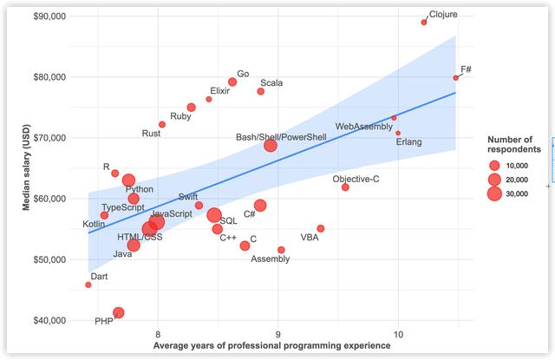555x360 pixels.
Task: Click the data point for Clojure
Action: tap(424, 22)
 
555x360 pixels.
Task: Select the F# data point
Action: tap(456, 78)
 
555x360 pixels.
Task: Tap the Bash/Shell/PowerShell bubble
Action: tap(271, 145)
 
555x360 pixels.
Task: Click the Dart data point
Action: tap(88, 285)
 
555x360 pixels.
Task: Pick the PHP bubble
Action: tap(118, 312)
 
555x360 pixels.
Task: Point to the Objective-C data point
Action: tap(345, 187)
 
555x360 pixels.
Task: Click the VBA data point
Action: tap(321, 228)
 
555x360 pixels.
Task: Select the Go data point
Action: tap(232, 82)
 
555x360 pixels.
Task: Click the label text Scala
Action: tap(271, 83)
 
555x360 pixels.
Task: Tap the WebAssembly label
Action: tap(363, 128)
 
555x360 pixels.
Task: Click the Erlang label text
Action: tap(410, 142)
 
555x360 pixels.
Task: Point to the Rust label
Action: tap(151, 134)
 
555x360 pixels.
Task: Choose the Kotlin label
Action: tap(94, 224)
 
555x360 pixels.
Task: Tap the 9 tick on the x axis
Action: tap(278, 333)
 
